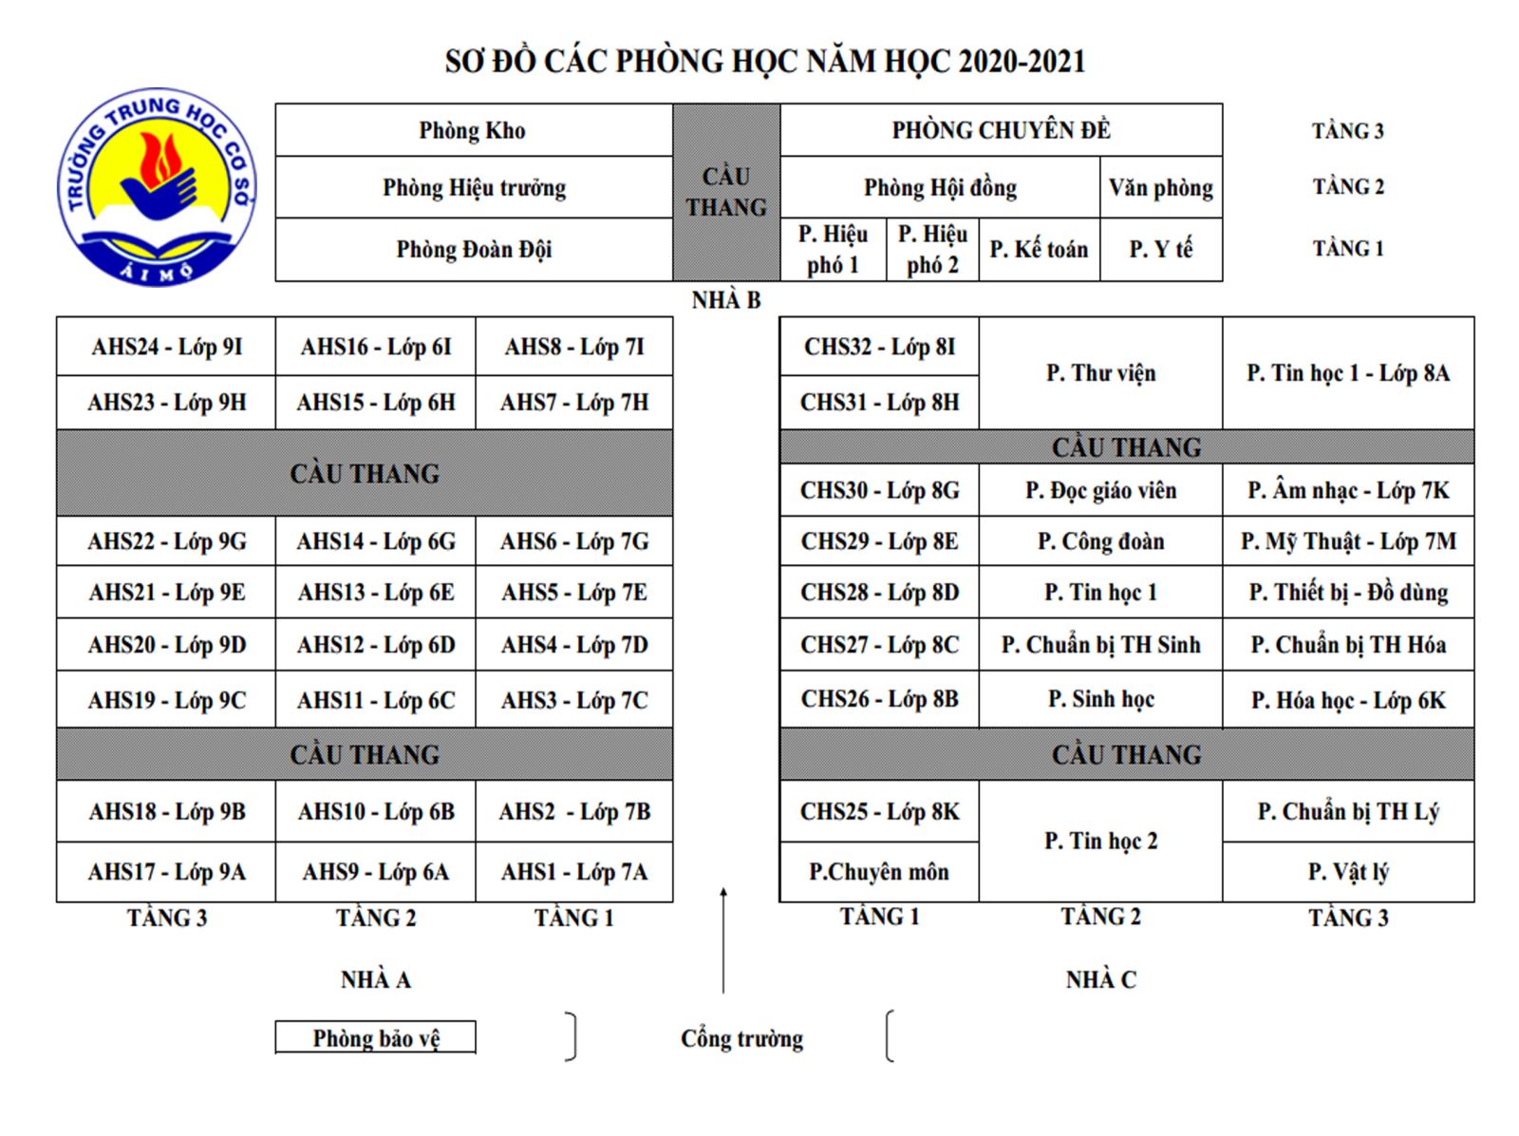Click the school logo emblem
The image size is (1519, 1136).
[x=156, y=187]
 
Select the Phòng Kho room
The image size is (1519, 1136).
[x=473, y=131]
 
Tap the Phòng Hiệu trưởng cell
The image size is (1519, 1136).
[x=473, y=188]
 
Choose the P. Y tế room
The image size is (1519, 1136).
[x=1160, y=250]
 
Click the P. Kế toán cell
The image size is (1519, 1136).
[x=1039, y=250]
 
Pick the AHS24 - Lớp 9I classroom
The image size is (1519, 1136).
[x=166, y=347]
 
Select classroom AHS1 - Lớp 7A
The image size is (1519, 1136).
[x=574, y=872]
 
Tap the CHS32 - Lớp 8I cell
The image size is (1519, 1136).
[x=879, y=347]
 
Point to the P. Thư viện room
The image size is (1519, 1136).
[x=1100, y=373]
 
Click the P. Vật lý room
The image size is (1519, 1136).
[x=1347, y=872]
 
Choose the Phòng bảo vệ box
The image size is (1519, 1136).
[x=376, y=1038]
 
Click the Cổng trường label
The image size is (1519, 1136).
[x=741, y=1038]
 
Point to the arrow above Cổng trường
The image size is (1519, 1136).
[x=723, y=940]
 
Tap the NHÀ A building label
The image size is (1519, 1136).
[x=376, y=979]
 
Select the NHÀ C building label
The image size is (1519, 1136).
[x=1100, y=979]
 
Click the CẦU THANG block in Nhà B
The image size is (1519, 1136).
[x=726, y=192]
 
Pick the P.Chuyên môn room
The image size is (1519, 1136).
[x=879, y=872]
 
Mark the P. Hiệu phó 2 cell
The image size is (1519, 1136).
[x=932, y=250]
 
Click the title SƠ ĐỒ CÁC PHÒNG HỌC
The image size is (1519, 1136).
[x=764, y=62]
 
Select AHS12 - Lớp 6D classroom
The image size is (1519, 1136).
[x=376, y=645]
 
